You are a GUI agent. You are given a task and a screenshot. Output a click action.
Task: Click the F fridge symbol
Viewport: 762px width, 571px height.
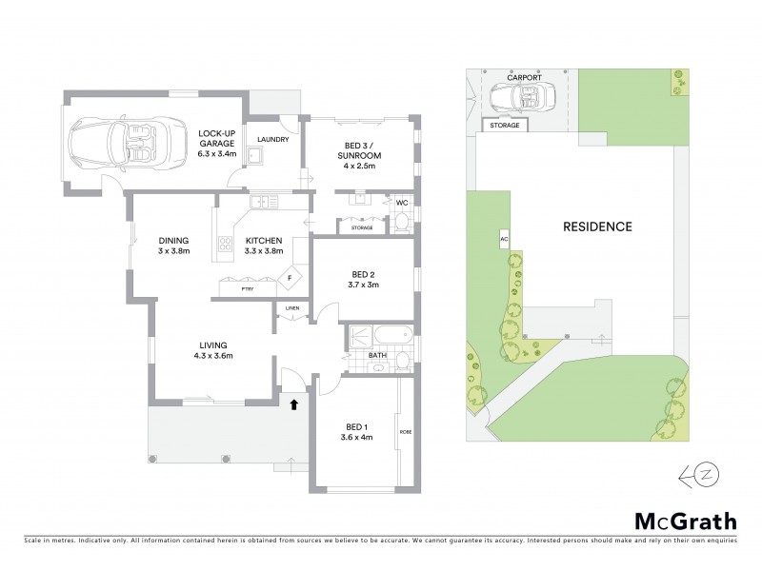(292, 278)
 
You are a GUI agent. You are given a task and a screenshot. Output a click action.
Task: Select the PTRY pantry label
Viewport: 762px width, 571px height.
(246, 286)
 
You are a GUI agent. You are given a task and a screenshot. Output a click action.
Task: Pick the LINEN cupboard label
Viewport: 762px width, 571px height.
(291, 307)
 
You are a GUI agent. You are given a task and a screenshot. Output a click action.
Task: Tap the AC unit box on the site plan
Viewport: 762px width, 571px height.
(504, 240)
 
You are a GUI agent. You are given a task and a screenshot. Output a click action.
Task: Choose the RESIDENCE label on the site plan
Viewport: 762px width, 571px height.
(597, 227)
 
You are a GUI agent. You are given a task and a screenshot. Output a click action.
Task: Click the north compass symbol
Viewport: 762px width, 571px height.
(693, 474)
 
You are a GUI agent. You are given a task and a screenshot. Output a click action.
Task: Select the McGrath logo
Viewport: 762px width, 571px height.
(685, 521)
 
